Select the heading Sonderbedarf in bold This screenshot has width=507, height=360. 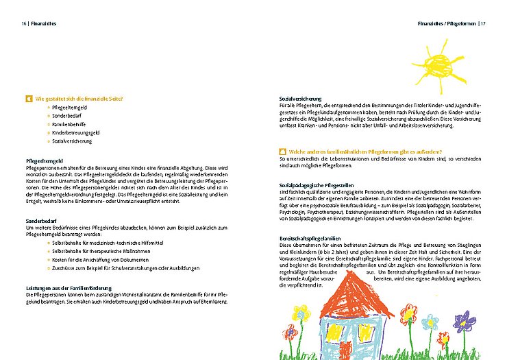click(41, 221)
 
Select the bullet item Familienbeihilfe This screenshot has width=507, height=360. click(69, 124)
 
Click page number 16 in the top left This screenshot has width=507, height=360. click(24, 23)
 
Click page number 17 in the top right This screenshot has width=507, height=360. click(482, 23)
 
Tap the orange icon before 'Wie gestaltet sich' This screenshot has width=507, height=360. click(29, 99)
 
